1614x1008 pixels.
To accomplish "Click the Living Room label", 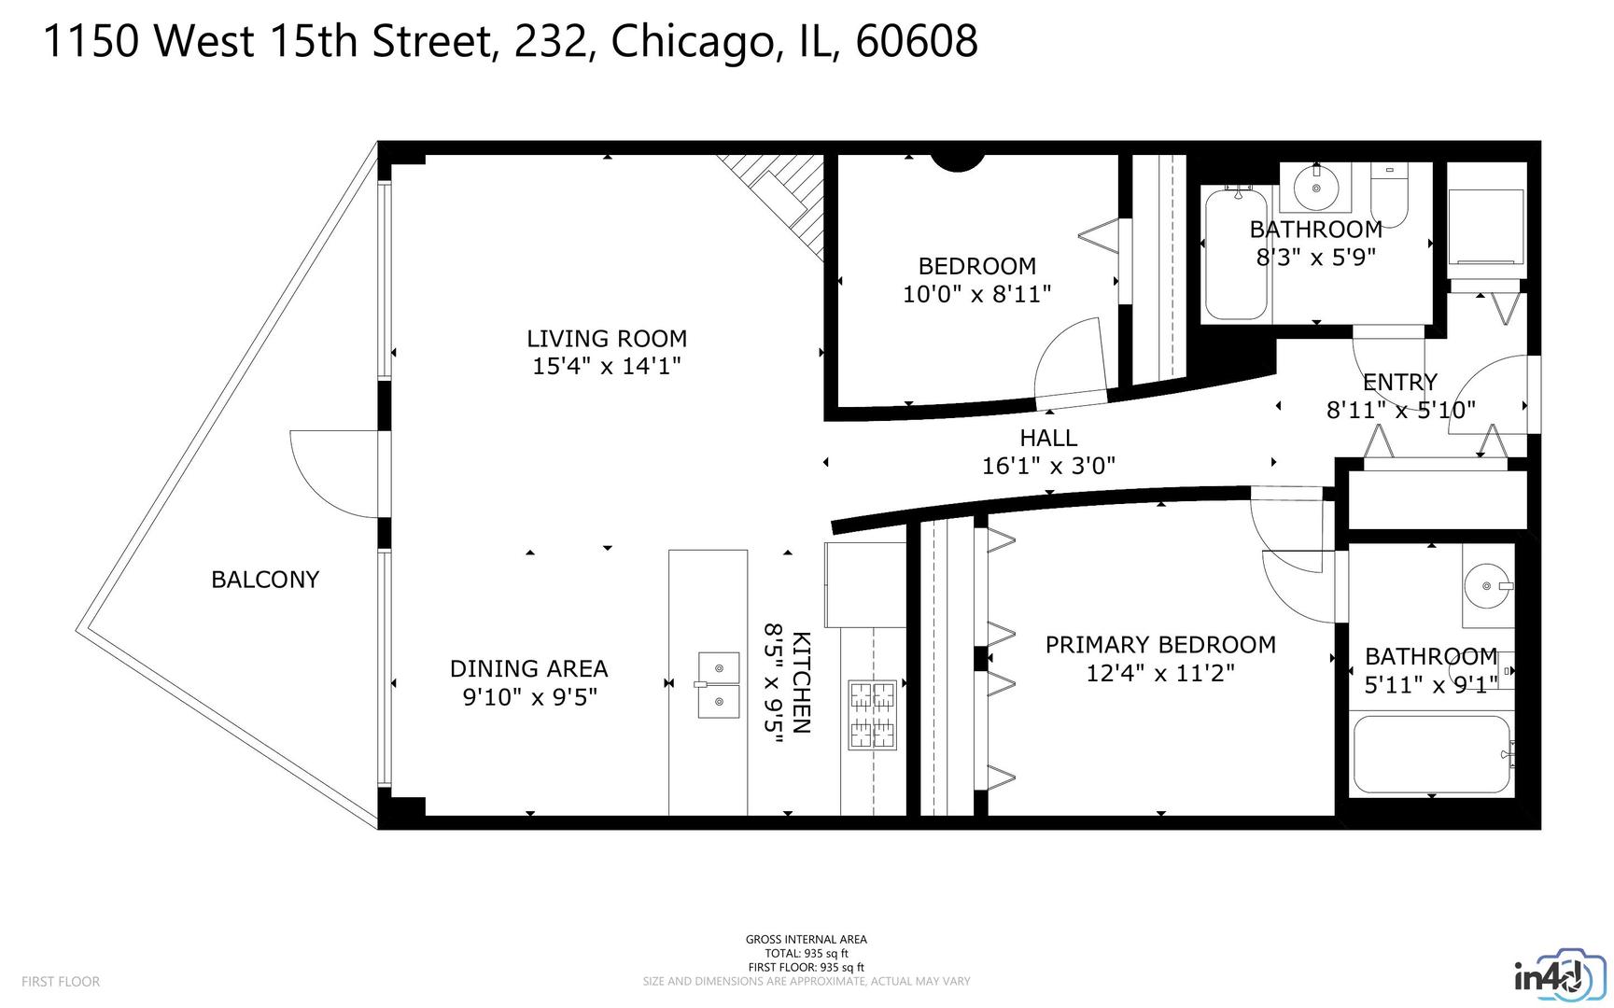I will [x=606, y=339].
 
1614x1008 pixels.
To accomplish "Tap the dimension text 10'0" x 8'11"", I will [x=976, y=294].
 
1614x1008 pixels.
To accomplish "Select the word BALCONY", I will [x=265, y=580].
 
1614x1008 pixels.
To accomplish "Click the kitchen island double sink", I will [x=719, y=683].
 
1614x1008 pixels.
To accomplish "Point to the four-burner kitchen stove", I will [x=872, y=715].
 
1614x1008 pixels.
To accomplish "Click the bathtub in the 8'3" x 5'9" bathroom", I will [x=1235, y=254].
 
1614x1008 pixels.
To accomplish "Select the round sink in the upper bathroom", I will [x=1316, y=188].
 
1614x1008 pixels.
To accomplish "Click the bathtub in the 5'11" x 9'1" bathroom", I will [x=1430, y=754].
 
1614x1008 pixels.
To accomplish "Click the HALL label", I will [x=1048, y=438].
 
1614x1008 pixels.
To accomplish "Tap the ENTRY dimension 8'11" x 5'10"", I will [x=1400, y=410].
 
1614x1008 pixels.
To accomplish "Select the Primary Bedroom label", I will [x=1159, y=645].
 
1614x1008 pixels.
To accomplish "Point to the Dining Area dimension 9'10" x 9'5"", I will [x=529, y=697].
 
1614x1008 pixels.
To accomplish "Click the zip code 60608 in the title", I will [x=916, y=41].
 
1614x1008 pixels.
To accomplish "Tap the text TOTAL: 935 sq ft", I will [x=806, y=954].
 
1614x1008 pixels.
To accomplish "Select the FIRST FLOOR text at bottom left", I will [x=60, y=982].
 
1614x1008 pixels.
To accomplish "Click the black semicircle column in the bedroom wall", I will [x=959, y=162].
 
